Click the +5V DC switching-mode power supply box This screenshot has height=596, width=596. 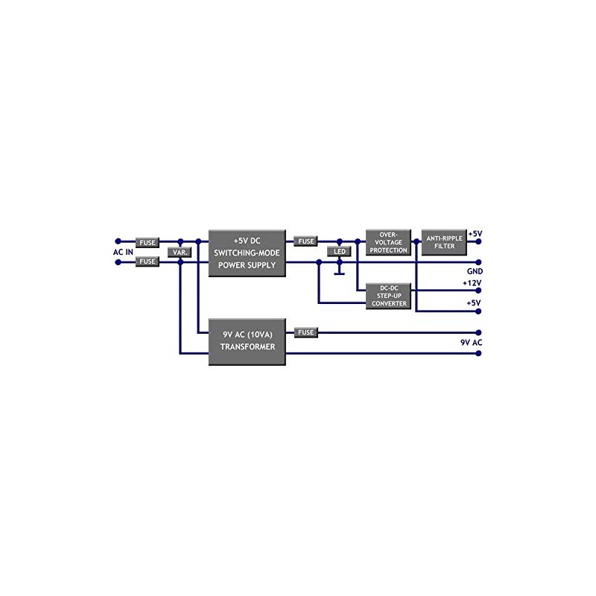(247, 253)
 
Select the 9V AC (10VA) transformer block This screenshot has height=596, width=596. (247, 342)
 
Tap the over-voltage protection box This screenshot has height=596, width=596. (388, 242)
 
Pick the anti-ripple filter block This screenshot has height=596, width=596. (444, 242)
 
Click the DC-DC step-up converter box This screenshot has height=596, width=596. (388, 296)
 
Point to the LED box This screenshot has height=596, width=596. (339, 251)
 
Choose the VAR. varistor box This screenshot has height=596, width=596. (180, 252)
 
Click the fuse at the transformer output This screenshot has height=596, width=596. (306, 332)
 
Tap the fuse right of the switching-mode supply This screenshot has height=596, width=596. (306, 241)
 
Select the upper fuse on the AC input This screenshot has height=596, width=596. (148, 242)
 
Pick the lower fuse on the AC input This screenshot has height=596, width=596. (148, 261)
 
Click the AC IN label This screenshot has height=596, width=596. (123, 252)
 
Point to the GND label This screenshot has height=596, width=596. (475, 271)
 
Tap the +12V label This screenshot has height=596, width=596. (472, 283)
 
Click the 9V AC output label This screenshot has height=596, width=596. (472, 343)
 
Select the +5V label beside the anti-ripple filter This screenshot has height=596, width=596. (475, 234)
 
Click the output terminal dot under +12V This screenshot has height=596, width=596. (478, 291)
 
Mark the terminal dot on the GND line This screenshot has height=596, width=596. (478, 262)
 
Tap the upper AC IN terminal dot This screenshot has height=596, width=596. (118, 241)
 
